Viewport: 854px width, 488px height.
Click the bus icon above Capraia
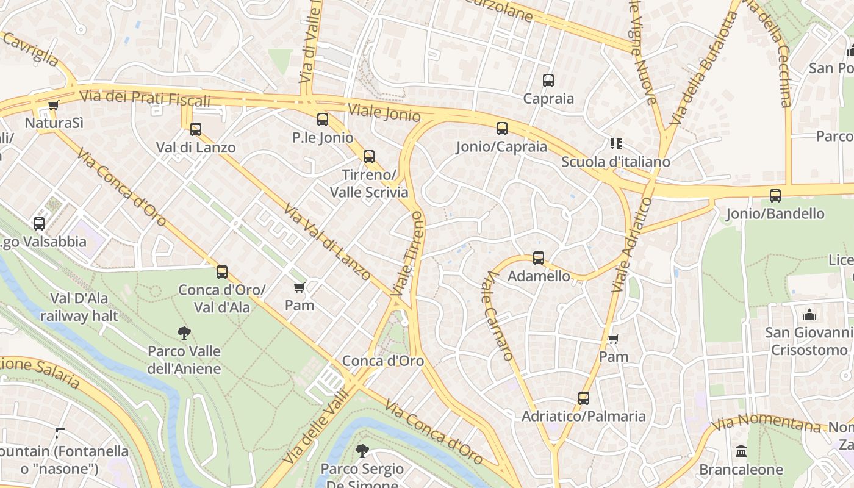pos(548,80)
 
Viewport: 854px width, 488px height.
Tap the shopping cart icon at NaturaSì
pos(53,106)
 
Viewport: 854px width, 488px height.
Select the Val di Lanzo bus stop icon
pos(195,129)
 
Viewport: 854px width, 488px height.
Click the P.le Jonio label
pos(323,138)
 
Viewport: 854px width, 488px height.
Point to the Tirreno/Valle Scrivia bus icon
pos(368,157)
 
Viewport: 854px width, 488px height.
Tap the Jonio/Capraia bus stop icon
pos(501,129)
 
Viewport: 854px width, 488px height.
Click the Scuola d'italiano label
pos(615,162)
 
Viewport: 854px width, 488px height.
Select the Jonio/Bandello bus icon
pos(775,196)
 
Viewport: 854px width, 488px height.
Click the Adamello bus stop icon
pos(538,258)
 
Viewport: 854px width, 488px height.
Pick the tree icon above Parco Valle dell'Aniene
pos(184,333)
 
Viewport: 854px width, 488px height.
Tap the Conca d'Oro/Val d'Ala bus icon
pos(222,272)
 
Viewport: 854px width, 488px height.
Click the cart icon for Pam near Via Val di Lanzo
pos(299,287)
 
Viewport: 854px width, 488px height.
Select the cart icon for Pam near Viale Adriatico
pos(613,339)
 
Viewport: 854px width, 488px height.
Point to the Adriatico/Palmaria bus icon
pos(583,398)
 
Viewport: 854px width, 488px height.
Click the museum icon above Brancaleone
pos(741,451)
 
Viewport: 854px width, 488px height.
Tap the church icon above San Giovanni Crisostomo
pos(809,315)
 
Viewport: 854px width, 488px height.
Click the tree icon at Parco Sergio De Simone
pos(362,451)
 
